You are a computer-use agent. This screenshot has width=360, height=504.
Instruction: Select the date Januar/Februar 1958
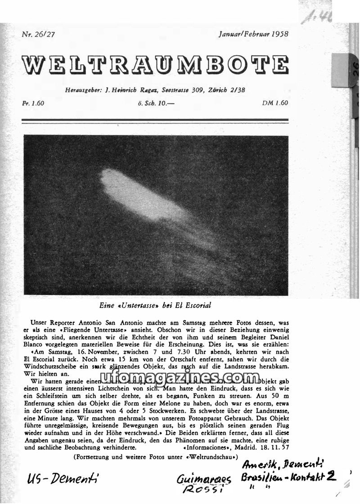coord(253,34)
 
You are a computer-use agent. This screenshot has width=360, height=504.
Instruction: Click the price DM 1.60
coord(274,103)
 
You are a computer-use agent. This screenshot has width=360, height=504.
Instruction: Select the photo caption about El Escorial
coord(155,305)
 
